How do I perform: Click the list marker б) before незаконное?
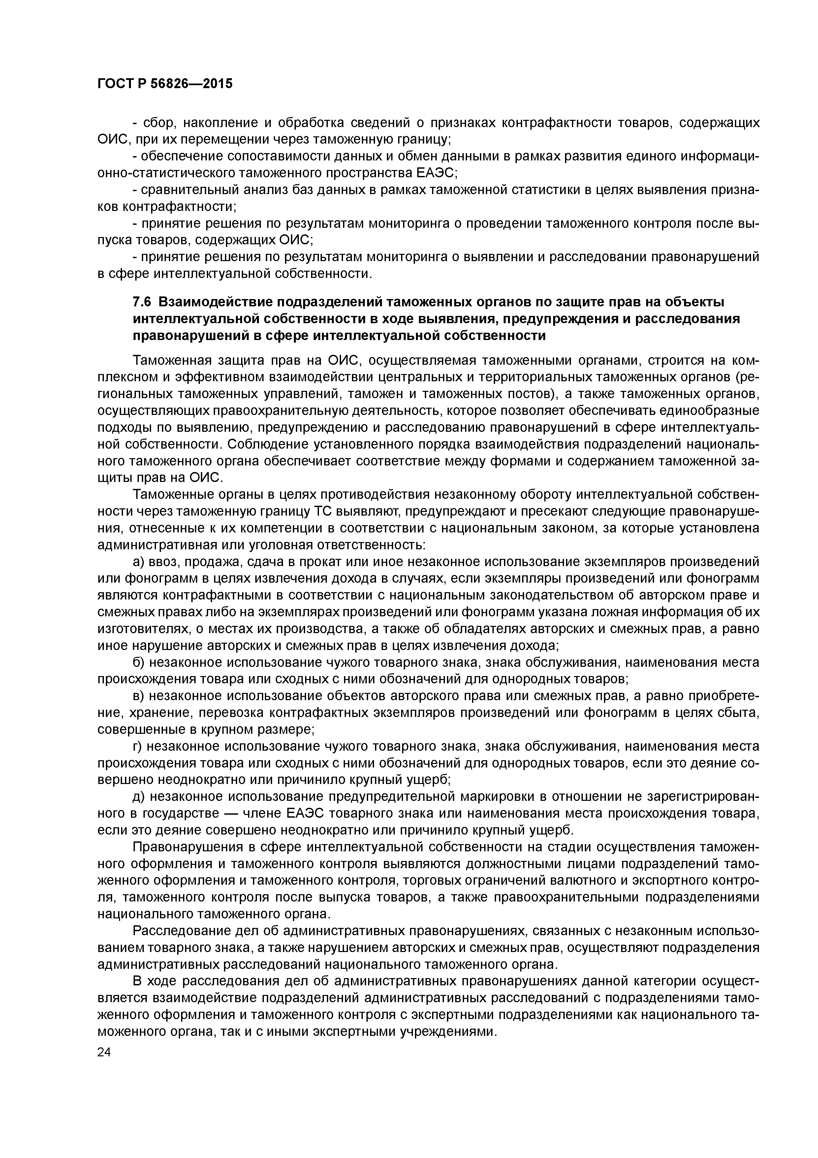139,662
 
